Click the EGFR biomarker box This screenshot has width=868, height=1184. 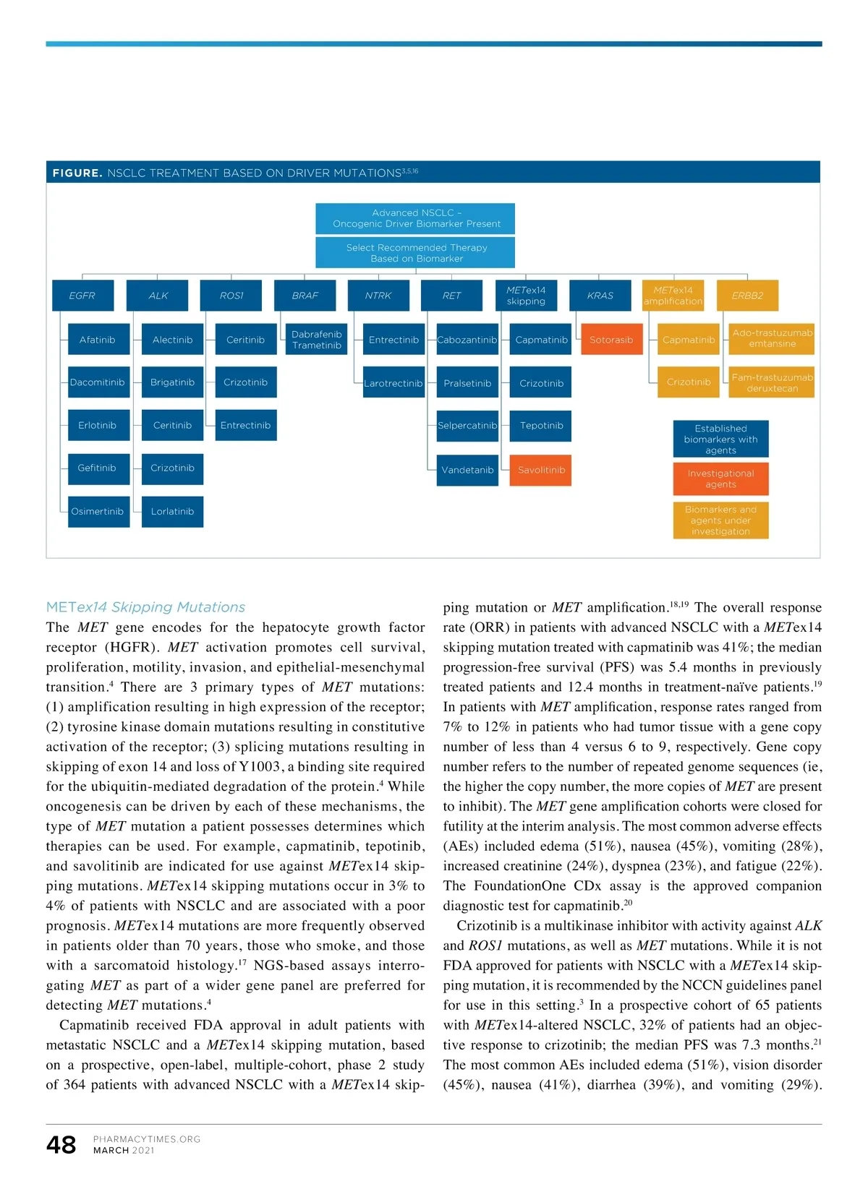[x=82, y=295]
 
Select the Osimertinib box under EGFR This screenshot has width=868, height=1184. [x=98, y=511]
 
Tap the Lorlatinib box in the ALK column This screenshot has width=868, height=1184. [x=172, y=511]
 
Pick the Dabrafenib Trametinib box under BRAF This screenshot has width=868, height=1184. [x=317, y=340]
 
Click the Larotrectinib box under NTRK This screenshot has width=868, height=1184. [x=393, y=383]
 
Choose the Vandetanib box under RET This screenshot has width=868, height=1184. [x=467, y=470]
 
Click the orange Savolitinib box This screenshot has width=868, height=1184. [x=541, y=470]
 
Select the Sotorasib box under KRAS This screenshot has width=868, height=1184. [x=611, y=340]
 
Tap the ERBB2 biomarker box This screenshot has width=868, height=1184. [x=747, y=295]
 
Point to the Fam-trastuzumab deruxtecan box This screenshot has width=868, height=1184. [x=772, y=382]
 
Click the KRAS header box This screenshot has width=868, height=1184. [x=600, y=295]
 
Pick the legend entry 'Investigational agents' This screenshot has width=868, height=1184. [x=720, y=479]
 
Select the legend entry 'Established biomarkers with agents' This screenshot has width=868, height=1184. [x=720, y=439]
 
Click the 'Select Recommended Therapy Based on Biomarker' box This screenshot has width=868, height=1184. [x=416, y=253]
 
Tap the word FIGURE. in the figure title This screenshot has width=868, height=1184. [x=77, y=173]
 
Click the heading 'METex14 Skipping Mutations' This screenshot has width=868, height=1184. [x=145, y=607]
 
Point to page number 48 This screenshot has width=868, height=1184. [x=61, y=1144]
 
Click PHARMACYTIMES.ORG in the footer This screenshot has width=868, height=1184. [x=147, y=1139]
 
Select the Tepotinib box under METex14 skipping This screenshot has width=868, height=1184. [x=541, y=425]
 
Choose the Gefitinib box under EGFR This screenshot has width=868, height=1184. [x=98, y=468]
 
